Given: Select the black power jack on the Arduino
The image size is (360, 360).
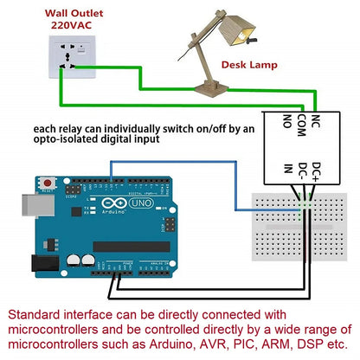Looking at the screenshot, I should (40, 265).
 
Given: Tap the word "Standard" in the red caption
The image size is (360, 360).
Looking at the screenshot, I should (37, 316).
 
